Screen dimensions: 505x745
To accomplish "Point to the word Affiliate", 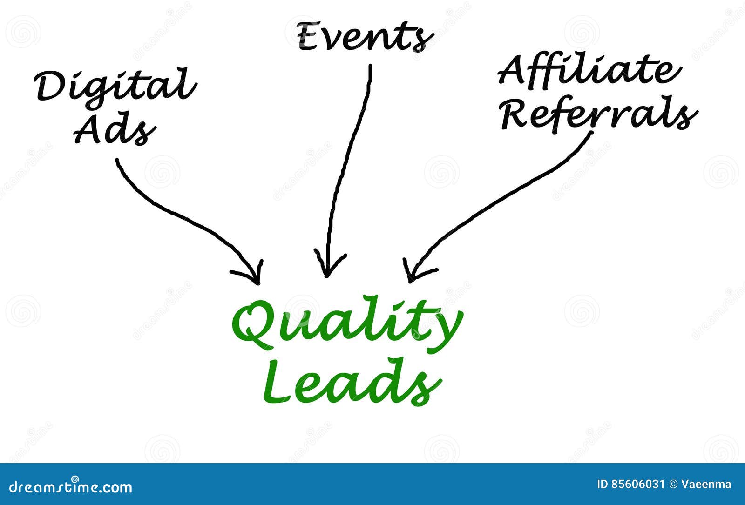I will pos(589,71).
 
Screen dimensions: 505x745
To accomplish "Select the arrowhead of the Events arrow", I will pos(327,274).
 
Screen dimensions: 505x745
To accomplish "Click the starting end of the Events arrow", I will pos(371,66).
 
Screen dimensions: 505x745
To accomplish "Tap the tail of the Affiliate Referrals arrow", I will pos(592,133).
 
